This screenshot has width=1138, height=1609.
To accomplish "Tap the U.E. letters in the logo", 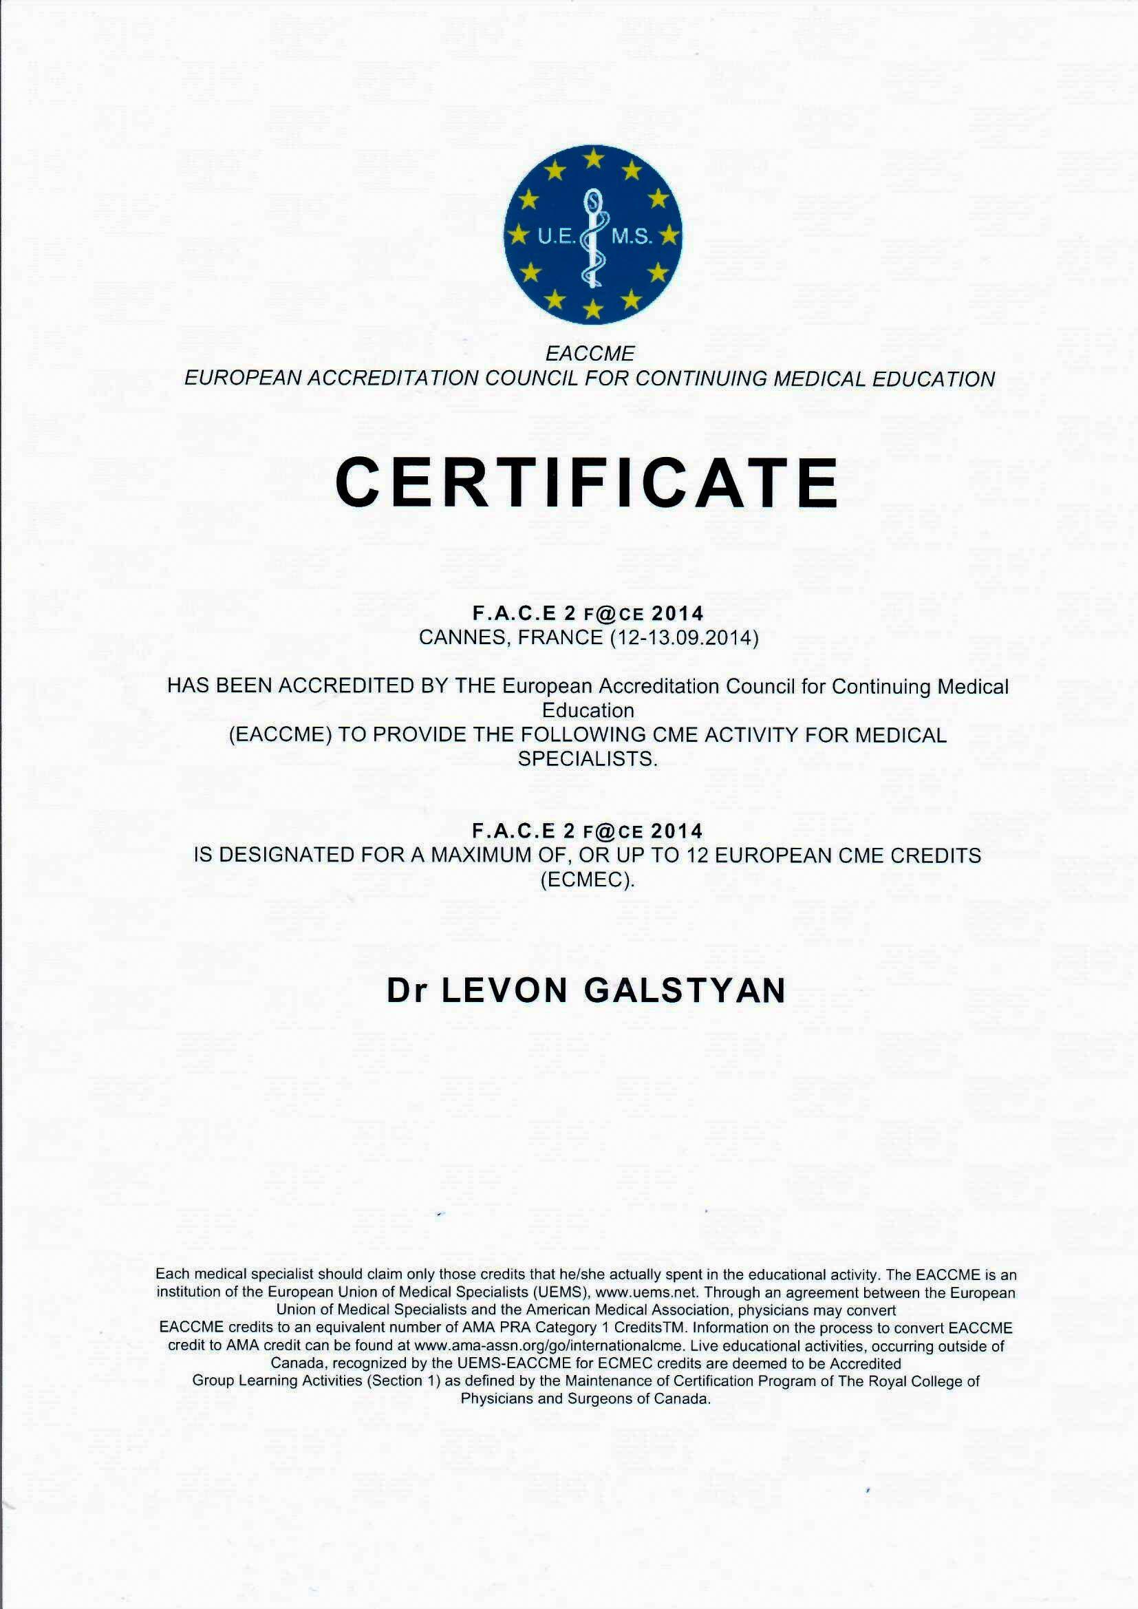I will (x=556, y=237).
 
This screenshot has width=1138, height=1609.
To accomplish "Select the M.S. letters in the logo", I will (x=632, y=237).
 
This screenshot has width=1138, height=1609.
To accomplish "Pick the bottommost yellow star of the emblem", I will (x=594, y=308).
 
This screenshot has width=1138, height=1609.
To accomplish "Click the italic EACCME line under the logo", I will (x=590, y=353).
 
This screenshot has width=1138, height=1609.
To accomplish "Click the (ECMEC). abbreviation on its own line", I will (x=587, y=880).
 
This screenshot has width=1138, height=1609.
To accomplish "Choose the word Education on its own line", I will (x=588, y=711).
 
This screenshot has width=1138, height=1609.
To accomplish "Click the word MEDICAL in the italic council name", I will (x=818, y=379).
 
